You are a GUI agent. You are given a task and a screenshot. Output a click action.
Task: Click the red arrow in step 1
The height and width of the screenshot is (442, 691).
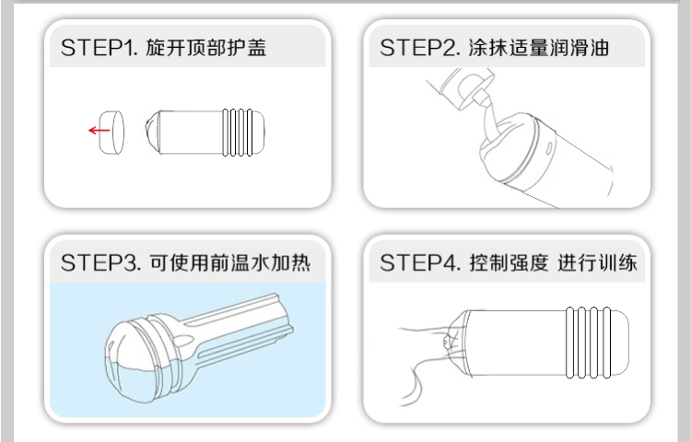click(x=100, y=131)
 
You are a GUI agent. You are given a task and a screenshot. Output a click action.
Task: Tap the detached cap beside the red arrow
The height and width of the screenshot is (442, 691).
click(x=111, y=133)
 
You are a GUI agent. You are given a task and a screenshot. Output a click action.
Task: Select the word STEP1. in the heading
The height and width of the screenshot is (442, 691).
click(x=100, y=48)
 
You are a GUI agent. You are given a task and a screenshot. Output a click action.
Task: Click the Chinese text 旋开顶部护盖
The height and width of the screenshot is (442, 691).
click(x=206, y=48)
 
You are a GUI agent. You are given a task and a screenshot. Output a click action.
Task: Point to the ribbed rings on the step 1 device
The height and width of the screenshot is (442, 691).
click(x=238, y=133)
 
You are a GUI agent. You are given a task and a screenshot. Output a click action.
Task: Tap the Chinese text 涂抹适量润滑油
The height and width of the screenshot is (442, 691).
click(x=539, y=48)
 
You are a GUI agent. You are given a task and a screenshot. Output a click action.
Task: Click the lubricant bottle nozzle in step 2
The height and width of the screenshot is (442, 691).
click(x=484, y=99)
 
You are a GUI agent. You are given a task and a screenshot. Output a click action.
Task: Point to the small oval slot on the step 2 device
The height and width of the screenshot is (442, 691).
click(x=550, y=148)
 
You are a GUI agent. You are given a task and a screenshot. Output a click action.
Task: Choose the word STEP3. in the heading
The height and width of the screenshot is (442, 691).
click(x=101, y=262)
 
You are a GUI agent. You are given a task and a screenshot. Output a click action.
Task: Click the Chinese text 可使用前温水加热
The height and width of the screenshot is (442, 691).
click(x=230, y=262)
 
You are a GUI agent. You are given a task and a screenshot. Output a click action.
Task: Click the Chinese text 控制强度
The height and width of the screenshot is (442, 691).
click(x=509, y=262)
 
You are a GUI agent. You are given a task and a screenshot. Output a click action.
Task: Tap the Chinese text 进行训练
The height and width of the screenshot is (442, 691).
click(x=598, y=262)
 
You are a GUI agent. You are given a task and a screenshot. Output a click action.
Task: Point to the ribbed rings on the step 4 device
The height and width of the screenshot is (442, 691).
click(x=589, y=343)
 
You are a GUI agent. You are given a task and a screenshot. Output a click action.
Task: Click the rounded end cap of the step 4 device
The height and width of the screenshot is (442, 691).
click(x=620, y=343)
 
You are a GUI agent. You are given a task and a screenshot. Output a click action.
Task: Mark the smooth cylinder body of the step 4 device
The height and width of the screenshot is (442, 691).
click(x=517, y=343)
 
